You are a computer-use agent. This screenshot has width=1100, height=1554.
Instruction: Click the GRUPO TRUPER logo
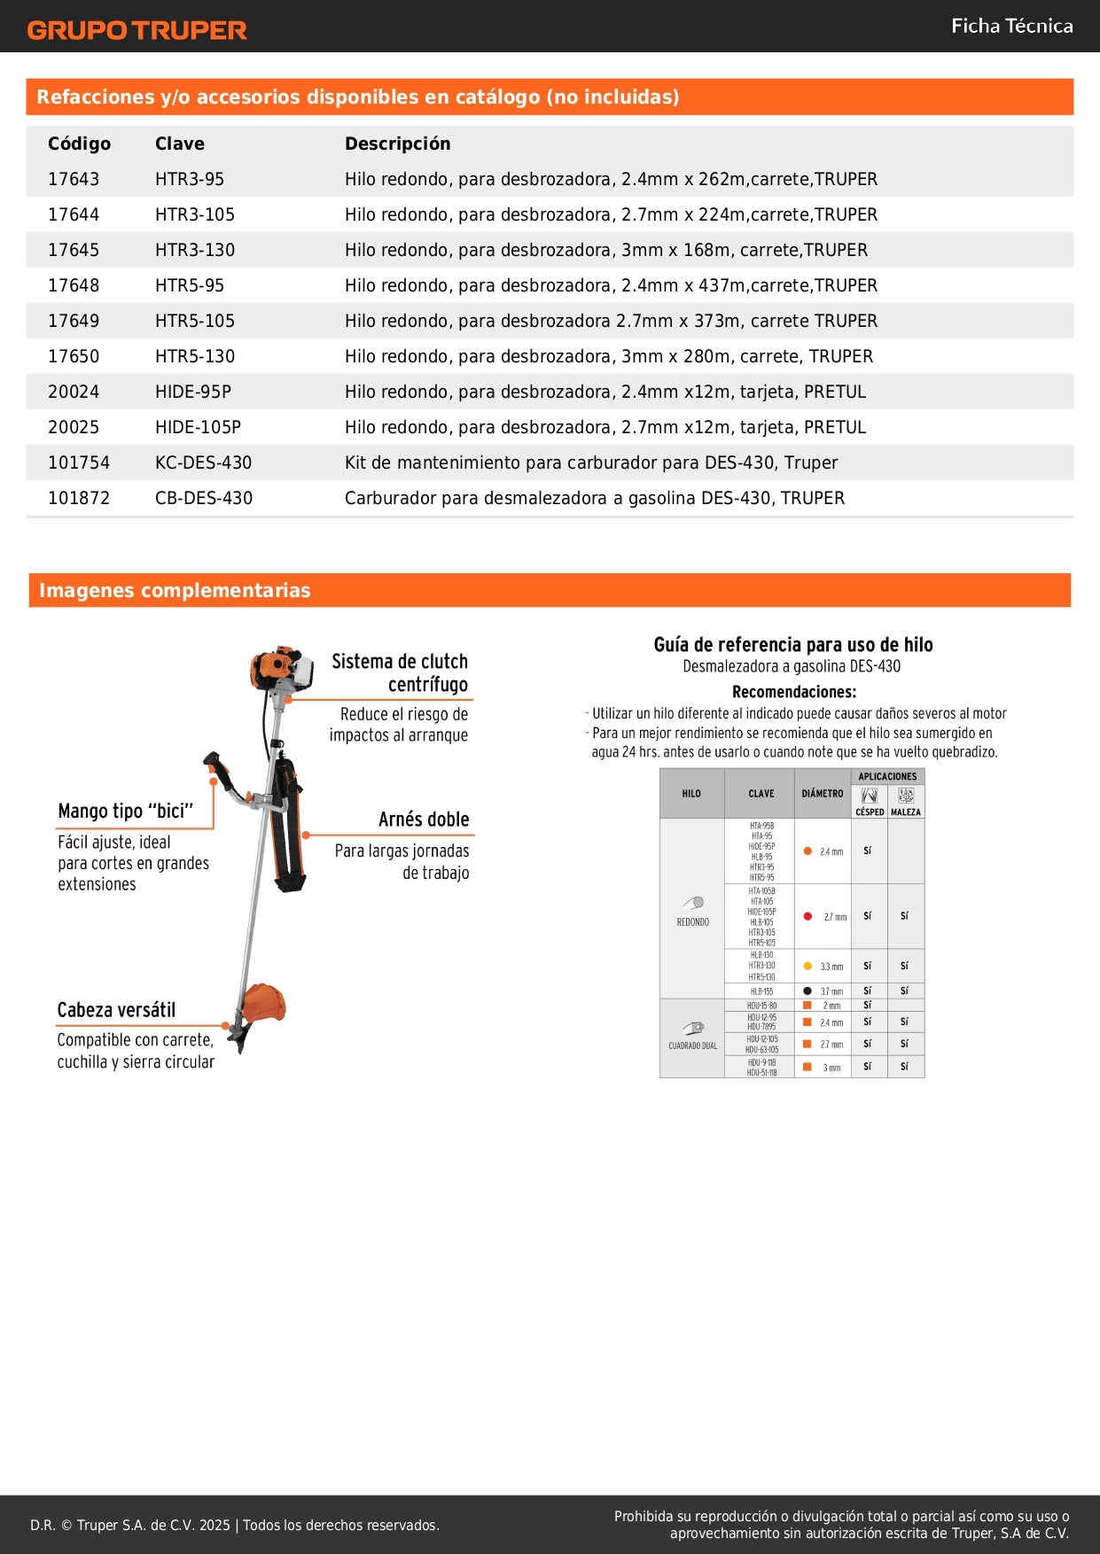(137, 30)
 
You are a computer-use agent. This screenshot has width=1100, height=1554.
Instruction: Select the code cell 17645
(74, 250)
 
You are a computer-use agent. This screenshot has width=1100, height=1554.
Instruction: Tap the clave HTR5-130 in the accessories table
(195, 356)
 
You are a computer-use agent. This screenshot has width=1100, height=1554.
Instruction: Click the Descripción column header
(397, 144)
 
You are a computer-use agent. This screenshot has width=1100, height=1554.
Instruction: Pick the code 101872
(79, 498)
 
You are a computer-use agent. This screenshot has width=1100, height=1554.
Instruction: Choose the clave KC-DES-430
(203, 462)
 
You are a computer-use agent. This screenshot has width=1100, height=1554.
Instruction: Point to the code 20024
(74, 392)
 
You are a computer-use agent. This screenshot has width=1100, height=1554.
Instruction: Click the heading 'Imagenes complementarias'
(175, 590)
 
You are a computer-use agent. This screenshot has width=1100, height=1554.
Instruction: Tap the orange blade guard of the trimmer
(265, 1002)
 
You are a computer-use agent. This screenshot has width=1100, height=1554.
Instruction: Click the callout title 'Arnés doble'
(424, 820)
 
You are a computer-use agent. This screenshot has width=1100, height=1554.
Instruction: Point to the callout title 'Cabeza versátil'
(116, 1010)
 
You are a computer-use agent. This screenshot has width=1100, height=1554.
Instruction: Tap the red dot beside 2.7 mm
(807, 916)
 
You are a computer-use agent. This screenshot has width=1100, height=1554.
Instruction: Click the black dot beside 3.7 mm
(807, 991)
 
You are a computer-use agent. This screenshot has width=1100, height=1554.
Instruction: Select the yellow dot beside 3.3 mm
(807, 966)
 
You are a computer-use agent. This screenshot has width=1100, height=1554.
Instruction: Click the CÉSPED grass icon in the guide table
(870, 796)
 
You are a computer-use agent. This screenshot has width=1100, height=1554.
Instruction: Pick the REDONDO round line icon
(693, 903)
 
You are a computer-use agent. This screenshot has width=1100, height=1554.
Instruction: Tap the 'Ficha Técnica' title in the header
(1011, 26)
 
